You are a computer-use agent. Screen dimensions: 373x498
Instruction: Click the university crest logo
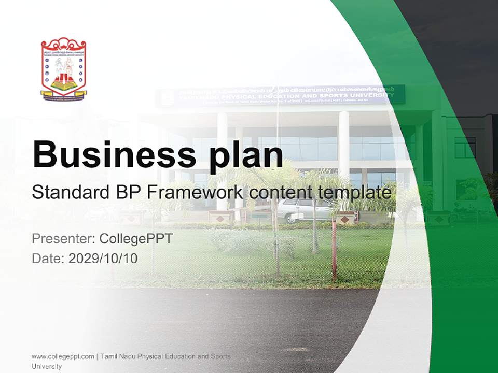pos(63,68)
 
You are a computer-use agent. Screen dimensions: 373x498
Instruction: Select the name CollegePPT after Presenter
pos(136,239)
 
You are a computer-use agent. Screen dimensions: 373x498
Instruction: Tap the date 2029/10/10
pos(103,259)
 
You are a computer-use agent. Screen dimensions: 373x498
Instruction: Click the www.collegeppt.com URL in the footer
pos(63,356)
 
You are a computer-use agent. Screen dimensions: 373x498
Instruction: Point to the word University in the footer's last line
pos(47,366)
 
